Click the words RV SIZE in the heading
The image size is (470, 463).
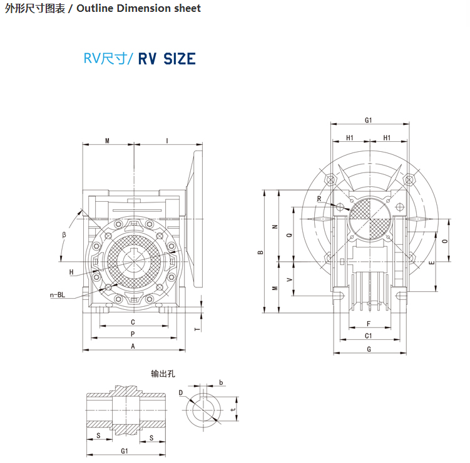167,59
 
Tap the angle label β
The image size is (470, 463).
64,235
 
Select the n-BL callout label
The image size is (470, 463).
58,294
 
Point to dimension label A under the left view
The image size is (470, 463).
133,346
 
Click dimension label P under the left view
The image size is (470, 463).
133,334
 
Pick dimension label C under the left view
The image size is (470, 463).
133,322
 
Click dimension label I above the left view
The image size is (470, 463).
167,141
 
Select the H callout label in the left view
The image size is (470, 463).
71,272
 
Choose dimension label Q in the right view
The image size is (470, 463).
289,236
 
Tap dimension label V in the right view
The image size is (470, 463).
289,280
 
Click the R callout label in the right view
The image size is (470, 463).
319,199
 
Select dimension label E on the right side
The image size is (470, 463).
432,262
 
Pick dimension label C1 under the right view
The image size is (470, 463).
369,336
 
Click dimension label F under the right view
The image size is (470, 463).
369,324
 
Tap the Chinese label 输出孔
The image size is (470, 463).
163,374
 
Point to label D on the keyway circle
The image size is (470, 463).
180,393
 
